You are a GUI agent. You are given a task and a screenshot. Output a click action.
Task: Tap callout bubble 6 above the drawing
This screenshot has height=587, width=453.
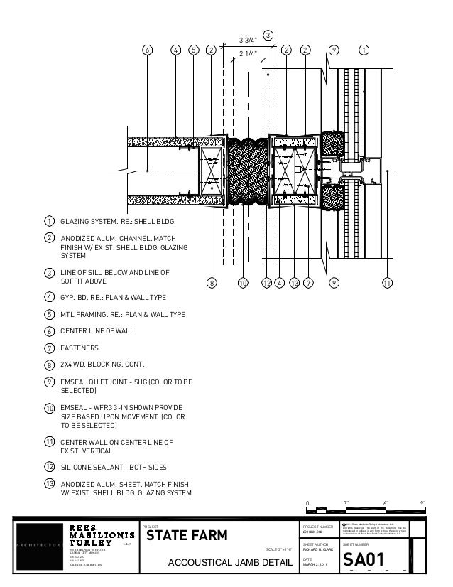tap(147, 50)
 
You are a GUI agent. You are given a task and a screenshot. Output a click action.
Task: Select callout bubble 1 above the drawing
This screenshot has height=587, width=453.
tap(363, 50)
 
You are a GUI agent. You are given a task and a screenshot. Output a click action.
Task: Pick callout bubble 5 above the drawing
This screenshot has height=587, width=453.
tap(193, 50)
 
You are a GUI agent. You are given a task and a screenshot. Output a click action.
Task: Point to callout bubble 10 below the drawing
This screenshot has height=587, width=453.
tap(242, 283)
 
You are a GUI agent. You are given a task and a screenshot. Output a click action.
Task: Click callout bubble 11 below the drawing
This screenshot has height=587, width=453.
tap(387, 283)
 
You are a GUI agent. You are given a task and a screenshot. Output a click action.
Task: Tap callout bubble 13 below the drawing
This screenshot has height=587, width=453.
tap(294, 283)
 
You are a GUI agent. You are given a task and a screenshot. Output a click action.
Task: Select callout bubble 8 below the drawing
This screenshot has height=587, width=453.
tap(210, 283)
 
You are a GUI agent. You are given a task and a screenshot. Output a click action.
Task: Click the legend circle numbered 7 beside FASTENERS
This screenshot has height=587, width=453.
tap(50, 348)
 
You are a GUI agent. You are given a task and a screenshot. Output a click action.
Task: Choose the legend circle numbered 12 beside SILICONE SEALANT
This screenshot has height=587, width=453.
tap(50, 467)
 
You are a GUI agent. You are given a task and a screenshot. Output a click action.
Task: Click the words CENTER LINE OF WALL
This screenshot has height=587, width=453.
tap(97, 331)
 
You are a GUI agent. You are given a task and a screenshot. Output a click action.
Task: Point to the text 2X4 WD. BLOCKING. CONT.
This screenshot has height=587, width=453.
tap(103, 365)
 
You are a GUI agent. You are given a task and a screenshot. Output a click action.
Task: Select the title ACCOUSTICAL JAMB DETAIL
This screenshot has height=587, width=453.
tap(229, 564)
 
